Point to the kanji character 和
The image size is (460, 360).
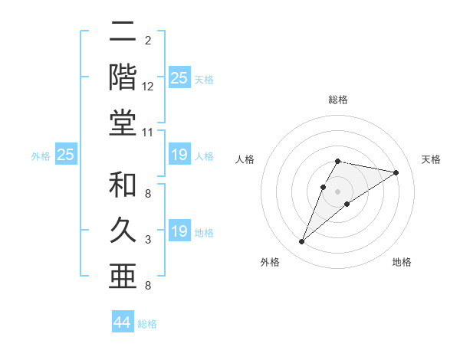[123, 185]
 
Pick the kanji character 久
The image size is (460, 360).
[123, 230]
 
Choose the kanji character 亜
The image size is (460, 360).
[123, 273]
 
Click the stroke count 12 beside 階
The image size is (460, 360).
[148, 88]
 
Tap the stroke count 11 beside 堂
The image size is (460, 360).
[148, 133]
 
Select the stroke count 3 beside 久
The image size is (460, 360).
[148, 241]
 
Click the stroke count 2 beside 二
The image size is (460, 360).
[148, 39]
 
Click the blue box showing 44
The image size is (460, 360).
[123, 322]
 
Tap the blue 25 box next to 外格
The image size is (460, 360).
[66, 155]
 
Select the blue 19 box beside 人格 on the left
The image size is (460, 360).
[179, 155]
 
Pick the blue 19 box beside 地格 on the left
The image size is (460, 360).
[179, 231]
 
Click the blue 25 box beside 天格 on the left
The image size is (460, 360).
[179, 78]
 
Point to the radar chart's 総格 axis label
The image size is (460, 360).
[338, 100]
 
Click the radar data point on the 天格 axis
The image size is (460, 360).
[396, 172]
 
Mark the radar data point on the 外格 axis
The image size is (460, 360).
[302, 242]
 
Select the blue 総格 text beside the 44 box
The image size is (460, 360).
[147, 324]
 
